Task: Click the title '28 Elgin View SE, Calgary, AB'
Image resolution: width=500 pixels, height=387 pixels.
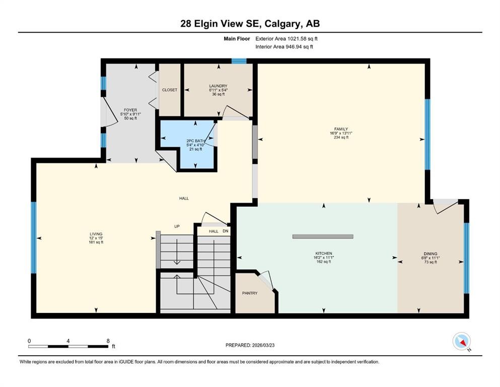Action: [x=250, y=24]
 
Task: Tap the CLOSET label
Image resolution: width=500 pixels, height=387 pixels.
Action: [x=169, y=90]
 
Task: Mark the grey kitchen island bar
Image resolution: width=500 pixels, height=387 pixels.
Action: [x=323, y=236]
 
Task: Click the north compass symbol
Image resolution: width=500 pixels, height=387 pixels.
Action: [x=462, y=342]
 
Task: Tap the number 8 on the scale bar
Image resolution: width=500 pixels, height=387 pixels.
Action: [x=108, y=341]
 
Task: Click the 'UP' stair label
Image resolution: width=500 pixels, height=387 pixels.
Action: [x=177, y=226]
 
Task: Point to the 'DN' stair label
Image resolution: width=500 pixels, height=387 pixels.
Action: [x=225, y=231]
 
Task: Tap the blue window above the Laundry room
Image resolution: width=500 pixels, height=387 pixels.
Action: [x=239, y=61]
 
